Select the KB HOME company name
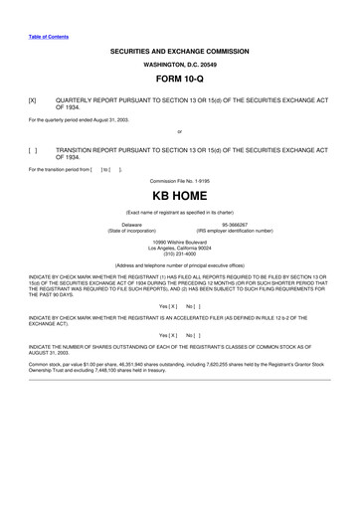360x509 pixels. [180, 198]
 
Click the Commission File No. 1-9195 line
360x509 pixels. [180, 180]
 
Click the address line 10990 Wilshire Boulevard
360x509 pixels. [180, 242]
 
